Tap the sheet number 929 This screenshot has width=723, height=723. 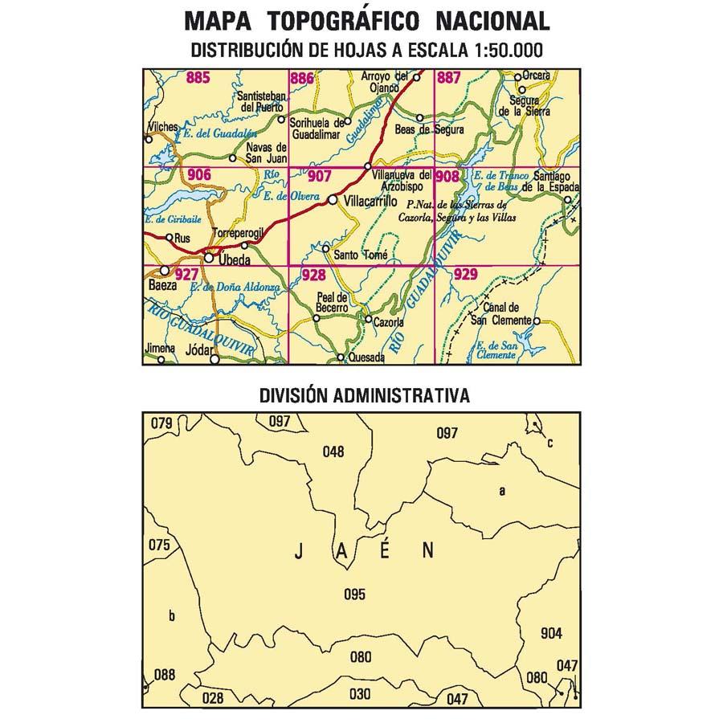[x=466, y=275]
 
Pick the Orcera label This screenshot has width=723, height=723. [x=536, y=76]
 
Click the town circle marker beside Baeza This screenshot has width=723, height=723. [x=165, y=271]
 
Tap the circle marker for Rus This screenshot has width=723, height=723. [x=169, y=237]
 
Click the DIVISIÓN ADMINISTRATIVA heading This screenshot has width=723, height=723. [x=364, y=396]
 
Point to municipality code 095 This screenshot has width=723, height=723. [x=354, y=594]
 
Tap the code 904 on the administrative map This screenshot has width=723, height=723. [x=552, y=631]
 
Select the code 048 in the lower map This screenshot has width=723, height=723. [x=333, y=451]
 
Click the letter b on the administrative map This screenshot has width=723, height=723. [x=171, y=616]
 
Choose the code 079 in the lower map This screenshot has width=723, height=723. [x=162, y=423]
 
